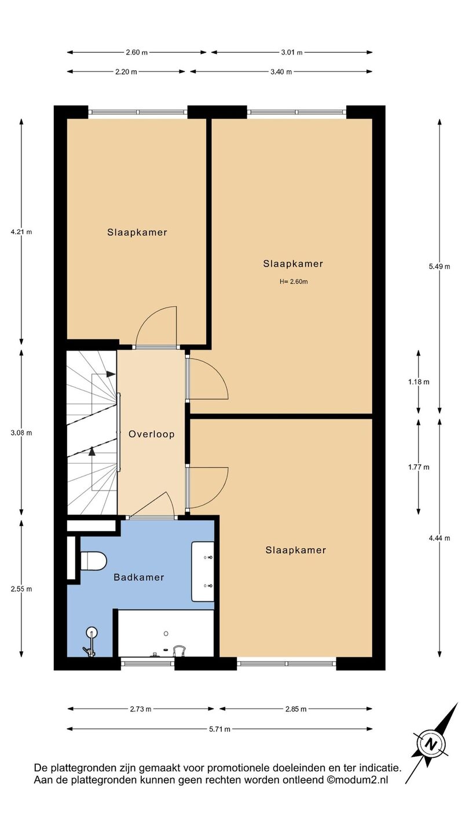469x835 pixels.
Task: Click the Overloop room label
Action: [152, 434]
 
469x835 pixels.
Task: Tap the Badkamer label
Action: [139, 578]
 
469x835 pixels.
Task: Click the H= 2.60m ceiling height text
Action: [294, 282]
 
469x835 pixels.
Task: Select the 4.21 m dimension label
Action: [21, 232]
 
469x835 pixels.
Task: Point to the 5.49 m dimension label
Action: [439, 267]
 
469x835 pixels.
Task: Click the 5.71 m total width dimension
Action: [219, 729]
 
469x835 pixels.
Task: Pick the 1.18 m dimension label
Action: [419, 382]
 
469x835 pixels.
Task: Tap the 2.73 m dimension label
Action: [141, 709]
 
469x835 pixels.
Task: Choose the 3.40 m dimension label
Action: [281, 72]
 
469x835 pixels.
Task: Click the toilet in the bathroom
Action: [93, 561]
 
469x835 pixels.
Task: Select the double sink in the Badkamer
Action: [203, 572]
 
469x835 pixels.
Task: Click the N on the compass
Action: [431, 745]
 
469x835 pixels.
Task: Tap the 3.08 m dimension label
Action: [21, 433]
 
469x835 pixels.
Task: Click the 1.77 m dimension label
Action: [419, 467]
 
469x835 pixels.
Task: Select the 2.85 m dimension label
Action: [296, 709]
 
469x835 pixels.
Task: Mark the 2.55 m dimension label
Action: [21, 589]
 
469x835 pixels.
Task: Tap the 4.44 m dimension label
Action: [439, 538]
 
